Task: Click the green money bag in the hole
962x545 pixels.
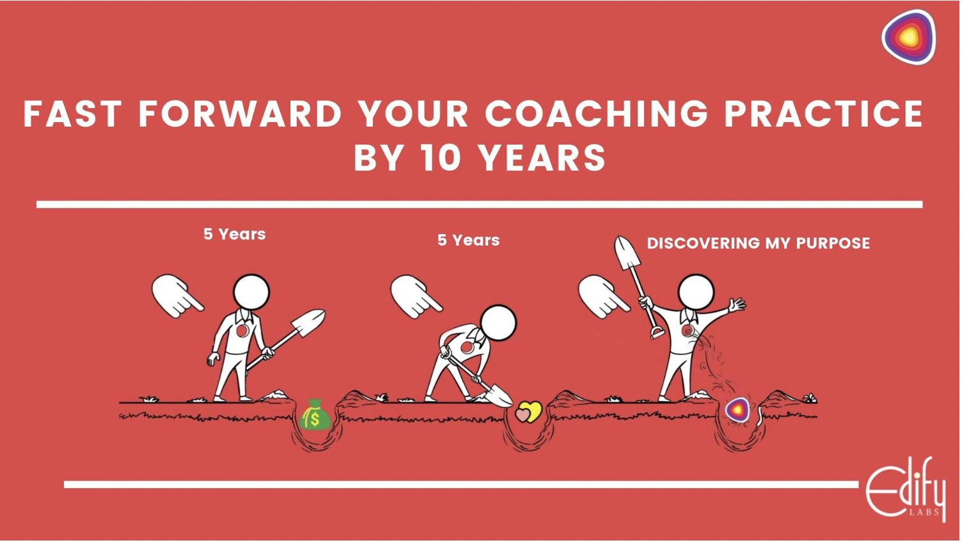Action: (315, 415)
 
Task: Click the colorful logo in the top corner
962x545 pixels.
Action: (909, 37)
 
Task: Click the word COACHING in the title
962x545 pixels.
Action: (597, 114)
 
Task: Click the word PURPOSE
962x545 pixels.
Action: (833, 243)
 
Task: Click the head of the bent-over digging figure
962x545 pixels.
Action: (498, 323)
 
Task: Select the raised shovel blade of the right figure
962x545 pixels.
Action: (627, 252)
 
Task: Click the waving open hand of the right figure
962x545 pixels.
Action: (737, 304)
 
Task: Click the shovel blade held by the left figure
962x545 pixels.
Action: (308, 322)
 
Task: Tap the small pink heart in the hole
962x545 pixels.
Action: (522, 415)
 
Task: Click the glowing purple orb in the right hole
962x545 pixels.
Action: (737, 409)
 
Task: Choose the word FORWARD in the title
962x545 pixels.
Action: (240, 114)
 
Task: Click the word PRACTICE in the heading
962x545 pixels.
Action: (824, 114)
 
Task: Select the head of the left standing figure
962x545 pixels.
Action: (251, 292)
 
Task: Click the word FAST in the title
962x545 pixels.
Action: (72, 114)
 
